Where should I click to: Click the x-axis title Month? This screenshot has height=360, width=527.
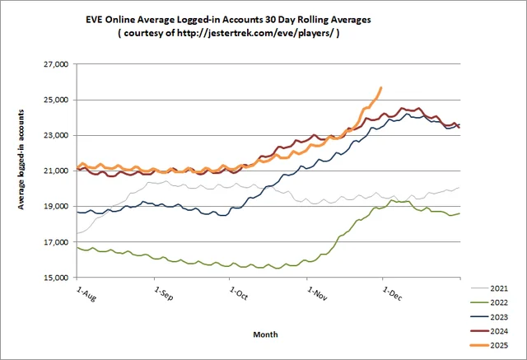[265, 334]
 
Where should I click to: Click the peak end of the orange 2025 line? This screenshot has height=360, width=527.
[380, 87]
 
